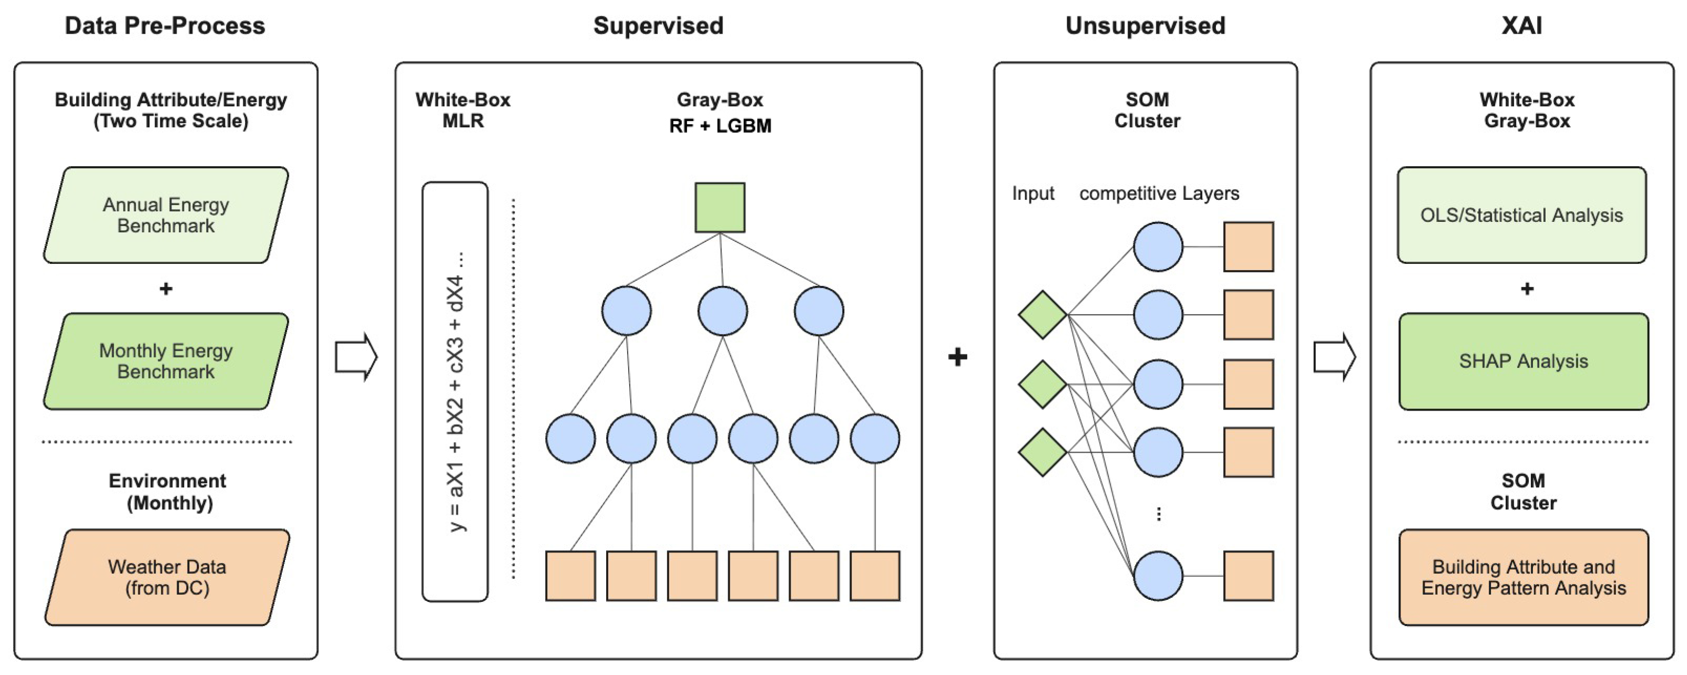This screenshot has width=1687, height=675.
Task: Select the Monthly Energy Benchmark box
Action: point(166,361)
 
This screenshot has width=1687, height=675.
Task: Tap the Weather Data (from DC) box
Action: point(167,577)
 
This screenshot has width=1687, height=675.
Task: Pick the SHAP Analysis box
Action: point(1524,361)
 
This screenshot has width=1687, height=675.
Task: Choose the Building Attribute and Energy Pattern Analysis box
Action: point(1524,577)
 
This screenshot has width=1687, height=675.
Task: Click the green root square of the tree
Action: point(720,208)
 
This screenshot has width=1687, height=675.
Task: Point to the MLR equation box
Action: point(455,392)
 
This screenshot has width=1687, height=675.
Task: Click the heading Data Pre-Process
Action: point(165,26)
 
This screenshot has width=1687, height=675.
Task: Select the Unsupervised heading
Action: point(1146,26)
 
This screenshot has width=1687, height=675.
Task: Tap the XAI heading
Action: point(1522,26)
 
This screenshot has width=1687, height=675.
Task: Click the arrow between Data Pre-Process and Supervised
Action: point(356,357)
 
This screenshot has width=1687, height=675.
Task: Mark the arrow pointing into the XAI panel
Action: point(1335,357)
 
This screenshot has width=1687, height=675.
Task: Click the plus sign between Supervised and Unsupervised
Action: point(957,357)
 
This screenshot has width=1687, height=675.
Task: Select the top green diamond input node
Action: point(1042,315)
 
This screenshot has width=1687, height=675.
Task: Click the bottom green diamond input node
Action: point(1042,453)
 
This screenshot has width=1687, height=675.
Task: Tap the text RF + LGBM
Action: point(720,126)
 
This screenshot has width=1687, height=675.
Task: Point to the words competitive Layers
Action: point(1159,194)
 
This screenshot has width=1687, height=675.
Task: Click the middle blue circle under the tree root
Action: point(722,311)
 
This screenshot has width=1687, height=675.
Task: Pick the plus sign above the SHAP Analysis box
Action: point(1527,289)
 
